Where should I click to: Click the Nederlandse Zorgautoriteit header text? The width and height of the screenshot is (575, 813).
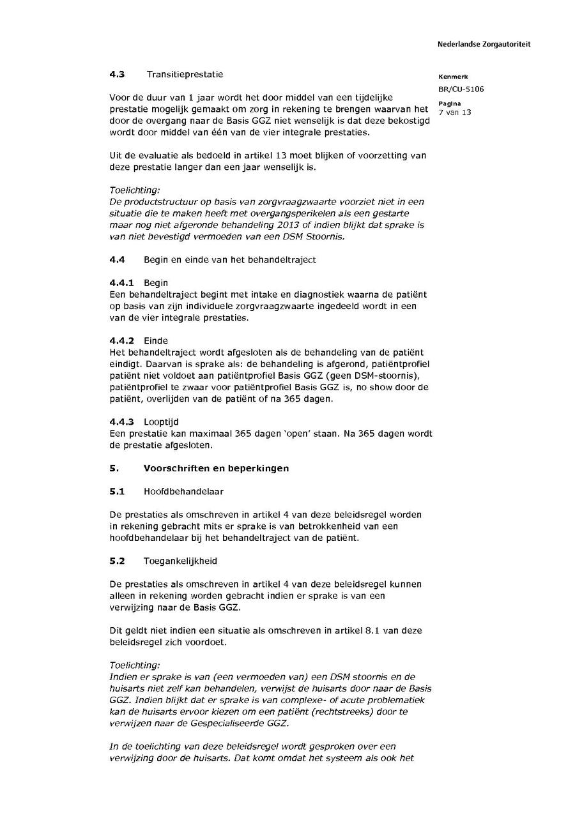[x=484, y=44]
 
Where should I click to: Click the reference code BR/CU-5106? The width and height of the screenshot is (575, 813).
[x=461, y=89]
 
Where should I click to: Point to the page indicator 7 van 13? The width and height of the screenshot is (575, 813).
[x=455, y=112]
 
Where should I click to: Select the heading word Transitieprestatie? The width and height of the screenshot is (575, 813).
[x=185, y=74]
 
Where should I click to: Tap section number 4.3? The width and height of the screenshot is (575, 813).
[x=117, y=74]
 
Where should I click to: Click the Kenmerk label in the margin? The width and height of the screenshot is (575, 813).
[x=454, y=77]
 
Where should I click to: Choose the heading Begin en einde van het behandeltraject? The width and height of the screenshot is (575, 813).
[x=229, y=260]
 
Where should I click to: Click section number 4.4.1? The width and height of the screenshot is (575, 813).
[x=121, y=283]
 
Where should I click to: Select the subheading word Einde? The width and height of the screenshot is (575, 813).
[x=156, y=341]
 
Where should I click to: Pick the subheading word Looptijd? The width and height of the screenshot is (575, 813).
[x=161, y=422]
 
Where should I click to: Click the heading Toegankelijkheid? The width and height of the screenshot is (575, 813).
[x=180, y=561]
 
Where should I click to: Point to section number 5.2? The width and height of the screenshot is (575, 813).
[x=117, y=561]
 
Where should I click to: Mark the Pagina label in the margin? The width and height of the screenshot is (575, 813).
[x=450, y=103]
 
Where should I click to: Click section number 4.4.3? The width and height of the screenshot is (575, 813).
[x=121, y=422]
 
